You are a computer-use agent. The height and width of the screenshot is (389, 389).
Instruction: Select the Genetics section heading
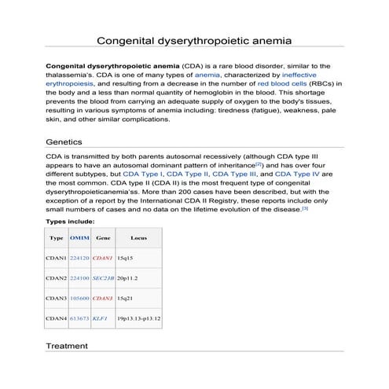tap(65, 143)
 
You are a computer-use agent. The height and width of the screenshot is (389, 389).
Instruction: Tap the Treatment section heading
tap(68, 346)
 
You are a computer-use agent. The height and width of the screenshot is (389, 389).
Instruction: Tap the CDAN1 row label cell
tap(57, 258)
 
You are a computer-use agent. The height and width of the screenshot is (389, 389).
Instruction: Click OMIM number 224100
tap(79, 278)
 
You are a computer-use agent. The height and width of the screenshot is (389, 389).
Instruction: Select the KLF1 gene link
tap(100, 319)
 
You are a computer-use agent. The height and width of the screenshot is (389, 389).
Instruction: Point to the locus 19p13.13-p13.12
tap(138, 319)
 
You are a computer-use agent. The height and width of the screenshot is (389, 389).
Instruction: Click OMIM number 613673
tap(79, 319)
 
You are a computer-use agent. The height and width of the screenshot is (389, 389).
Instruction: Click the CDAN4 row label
tap(57, 319)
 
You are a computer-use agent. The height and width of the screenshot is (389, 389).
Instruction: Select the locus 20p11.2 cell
tap(127, 278)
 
